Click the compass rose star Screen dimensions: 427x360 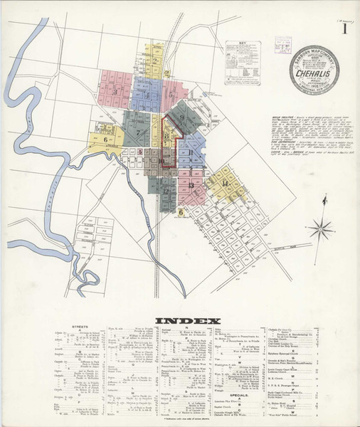tap(322, 228)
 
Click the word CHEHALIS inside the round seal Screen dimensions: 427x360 tap(314, 73)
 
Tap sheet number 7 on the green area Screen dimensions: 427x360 tap(138, 132)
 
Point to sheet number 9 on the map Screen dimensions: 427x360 tap(182, 117)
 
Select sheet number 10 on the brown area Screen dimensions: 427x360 tap(162, 162)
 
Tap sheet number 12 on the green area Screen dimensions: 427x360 tap(166, 191)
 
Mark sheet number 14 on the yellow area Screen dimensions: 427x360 tap(225, 184)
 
